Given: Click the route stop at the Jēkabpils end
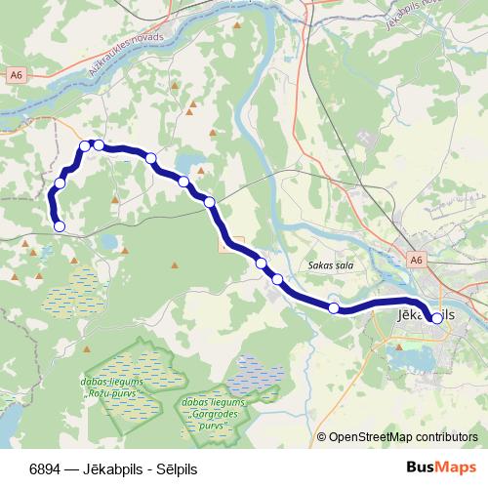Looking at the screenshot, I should point(434,317).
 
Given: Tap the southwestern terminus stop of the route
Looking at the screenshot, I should point(60,226).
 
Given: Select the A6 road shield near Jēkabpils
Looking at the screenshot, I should point(417,260).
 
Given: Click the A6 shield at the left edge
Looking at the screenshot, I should point(15,73).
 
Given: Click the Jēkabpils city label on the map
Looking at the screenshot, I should point(427,316).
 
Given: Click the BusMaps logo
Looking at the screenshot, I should point(440,468).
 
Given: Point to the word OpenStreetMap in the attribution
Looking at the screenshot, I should point(371,437).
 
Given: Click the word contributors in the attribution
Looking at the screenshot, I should point(446,437).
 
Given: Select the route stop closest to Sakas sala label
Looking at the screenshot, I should point(278,280).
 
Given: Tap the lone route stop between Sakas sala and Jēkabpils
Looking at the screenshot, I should point(334,308).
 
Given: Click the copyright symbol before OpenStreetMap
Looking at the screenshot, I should point(322,437).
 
